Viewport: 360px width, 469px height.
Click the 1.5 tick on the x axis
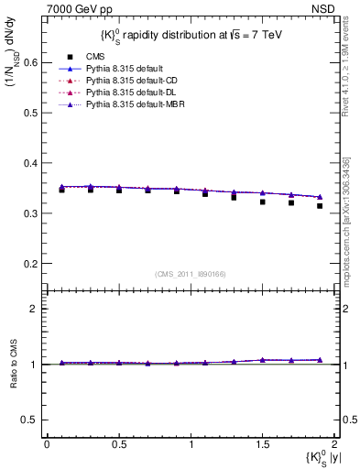tap(262, 442)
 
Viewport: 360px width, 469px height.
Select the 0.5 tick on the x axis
tap(118, 442)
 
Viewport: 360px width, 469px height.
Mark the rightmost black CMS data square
tap(320, 232)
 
